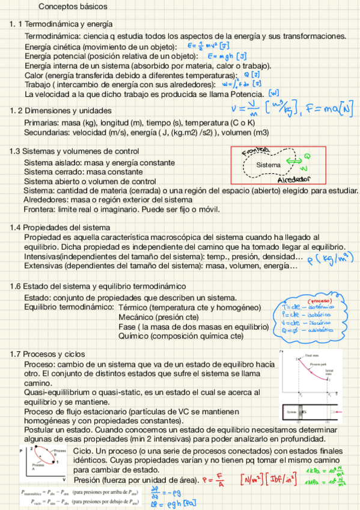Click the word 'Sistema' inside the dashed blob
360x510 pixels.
(x=268, y=164)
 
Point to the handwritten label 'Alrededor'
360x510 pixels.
(x=294, y=179)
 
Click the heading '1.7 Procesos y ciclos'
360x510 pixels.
(x=47, y=354)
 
